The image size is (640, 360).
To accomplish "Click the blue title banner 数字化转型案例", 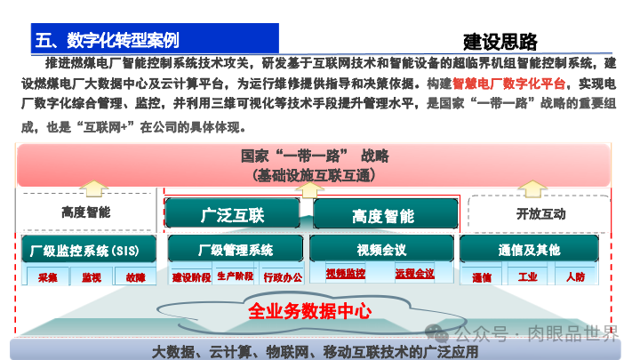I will (152, 39).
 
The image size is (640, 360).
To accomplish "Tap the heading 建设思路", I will (500, 41).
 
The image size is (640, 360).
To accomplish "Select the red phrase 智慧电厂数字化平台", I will (509, 84).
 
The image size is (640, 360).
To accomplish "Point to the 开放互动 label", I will (540, 213).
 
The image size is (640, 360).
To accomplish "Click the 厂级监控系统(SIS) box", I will (88, 250).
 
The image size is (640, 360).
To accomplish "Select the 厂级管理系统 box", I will (236, 250).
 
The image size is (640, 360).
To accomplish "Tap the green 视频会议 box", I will (381, 250).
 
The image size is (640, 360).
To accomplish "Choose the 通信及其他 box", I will (529, 250).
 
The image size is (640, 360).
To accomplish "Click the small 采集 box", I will (47, 277).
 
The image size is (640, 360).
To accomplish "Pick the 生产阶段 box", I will (235, 276).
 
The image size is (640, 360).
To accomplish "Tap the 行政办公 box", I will (283, 276).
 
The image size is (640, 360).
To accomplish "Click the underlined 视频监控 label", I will (345, 273).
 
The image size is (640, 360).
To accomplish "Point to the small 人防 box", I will (575, 277).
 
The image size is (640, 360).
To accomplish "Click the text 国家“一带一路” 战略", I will (315, 156).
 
